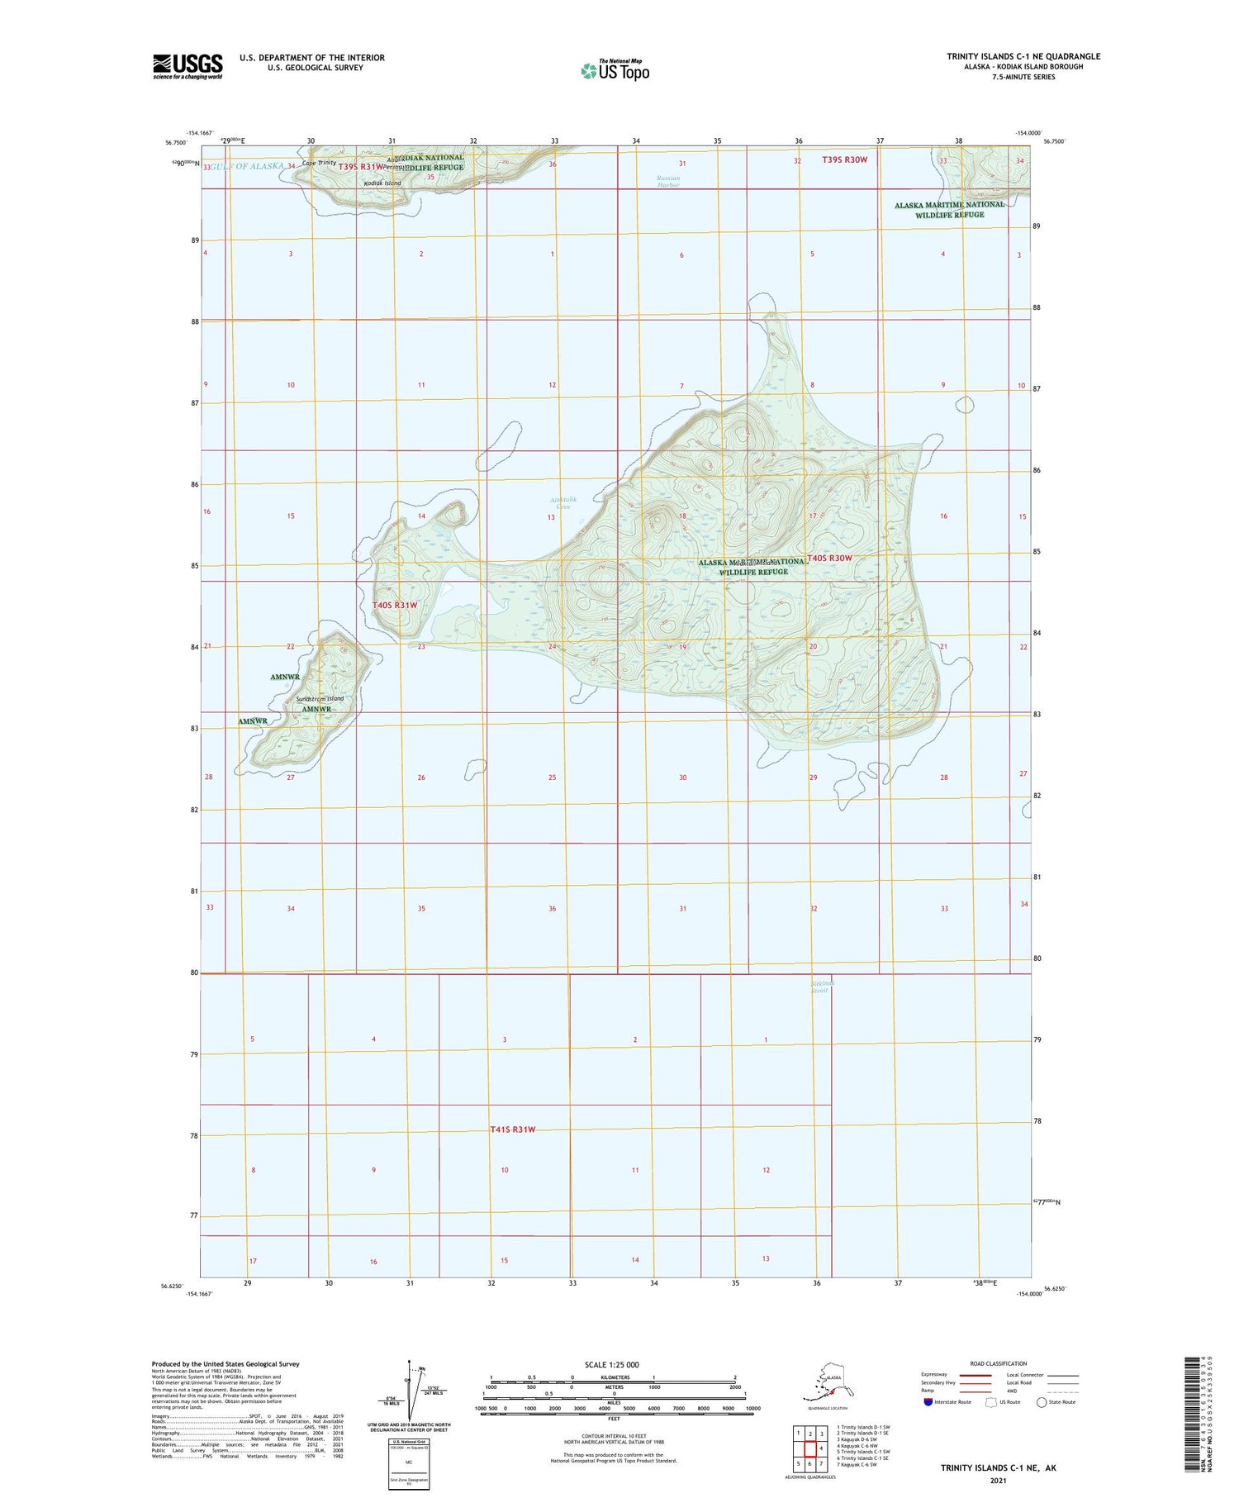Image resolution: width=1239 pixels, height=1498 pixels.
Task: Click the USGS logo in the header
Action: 188,66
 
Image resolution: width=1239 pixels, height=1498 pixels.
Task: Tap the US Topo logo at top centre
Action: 615,70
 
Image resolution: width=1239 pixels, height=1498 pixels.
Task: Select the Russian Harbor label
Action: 668,182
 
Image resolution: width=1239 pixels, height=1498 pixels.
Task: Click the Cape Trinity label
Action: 319,163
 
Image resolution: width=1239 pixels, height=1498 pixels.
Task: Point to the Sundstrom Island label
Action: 320,699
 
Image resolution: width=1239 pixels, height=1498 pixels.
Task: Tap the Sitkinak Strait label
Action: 819,987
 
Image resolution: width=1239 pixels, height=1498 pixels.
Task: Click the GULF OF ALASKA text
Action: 247,166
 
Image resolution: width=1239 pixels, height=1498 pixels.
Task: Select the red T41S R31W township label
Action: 513,1129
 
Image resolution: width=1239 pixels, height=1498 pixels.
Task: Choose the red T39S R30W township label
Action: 845,159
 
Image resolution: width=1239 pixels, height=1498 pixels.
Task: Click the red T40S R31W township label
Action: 395,605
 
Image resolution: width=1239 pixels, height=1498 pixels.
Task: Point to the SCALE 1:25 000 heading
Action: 611,1364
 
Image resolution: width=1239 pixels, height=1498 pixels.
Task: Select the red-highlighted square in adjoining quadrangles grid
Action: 810,1448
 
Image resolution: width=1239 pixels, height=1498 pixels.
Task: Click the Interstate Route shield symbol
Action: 928,1402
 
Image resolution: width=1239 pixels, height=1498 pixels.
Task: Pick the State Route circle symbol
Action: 1042,1402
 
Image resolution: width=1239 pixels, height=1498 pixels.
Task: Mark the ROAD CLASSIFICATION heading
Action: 999,1363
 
